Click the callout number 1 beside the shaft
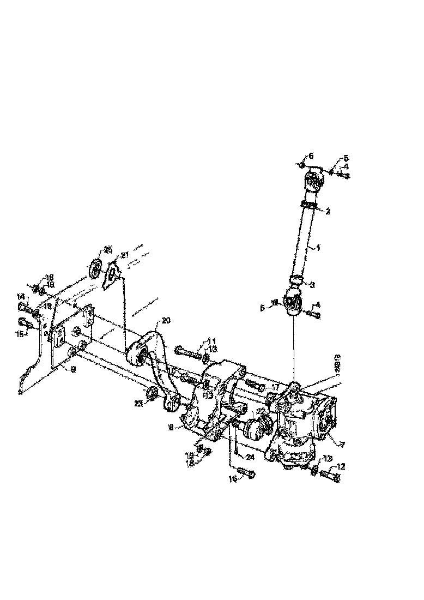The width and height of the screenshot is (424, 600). (318, 248)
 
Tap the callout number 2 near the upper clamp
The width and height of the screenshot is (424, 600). (328, 211)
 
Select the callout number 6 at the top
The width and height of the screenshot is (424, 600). (311, 156)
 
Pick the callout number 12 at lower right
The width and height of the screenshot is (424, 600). (342, 466)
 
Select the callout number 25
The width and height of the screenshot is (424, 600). (108, 250)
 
